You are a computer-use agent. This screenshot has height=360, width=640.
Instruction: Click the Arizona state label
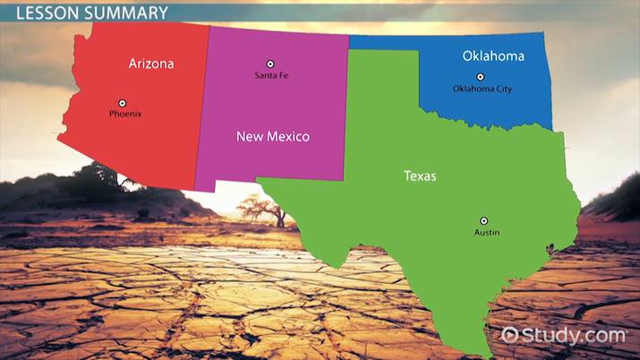(x=151, y=64)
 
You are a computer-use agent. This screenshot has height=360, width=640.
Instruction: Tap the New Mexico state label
(x=273, y=137)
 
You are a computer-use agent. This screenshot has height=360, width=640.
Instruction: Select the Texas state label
(x=420, y=176)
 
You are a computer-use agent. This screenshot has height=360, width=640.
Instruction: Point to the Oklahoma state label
(x=493, y=56)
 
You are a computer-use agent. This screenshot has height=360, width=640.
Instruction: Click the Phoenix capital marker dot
(x=124, y=102)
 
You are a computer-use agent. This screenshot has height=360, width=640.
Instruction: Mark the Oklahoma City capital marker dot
(x=480, y=77)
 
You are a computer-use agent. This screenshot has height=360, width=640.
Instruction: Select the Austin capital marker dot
(x=484, y=220)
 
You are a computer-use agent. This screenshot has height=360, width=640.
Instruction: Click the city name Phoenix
(x=125, y=115)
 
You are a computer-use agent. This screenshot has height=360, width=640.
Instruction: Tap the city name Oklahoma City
(x=482, y=90)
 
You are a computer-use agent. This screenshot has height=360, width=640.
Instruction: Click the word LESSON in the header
(x=37, y=13)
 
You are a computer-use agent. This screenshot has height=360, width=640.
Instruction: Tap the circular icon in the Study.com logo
(x=510, y=335)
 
